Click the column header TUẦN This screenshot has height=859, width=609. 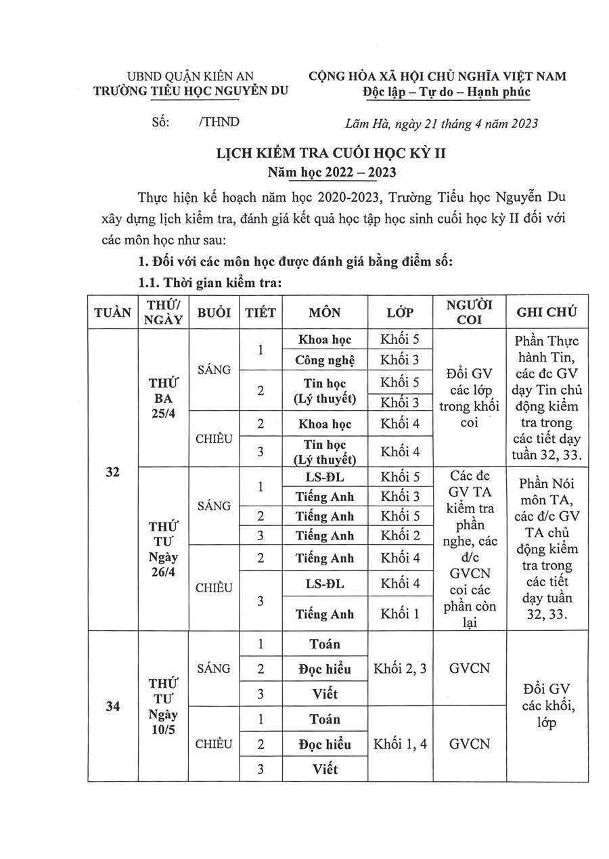[112, 312]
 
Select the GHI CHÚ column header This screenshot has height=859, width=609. [546, 312]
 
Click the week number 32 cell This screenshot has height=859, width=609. [112, 473]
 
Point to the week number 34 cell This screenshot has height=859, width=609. [112, 706]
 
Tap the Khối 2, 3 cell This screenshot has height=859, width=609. [401, 669]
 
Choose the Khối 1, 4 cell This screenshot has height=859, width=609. [401, 744]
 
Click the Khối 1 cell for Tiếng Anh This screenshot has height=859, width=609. [401, 615]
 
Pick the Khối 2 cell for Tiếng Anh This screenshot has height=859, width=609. [401, 536]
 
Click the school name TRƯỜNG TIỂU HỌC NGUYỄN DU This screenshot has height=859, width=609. [190, 93]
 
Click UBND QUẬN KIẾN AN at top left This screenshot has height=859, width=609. [190, 76]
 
